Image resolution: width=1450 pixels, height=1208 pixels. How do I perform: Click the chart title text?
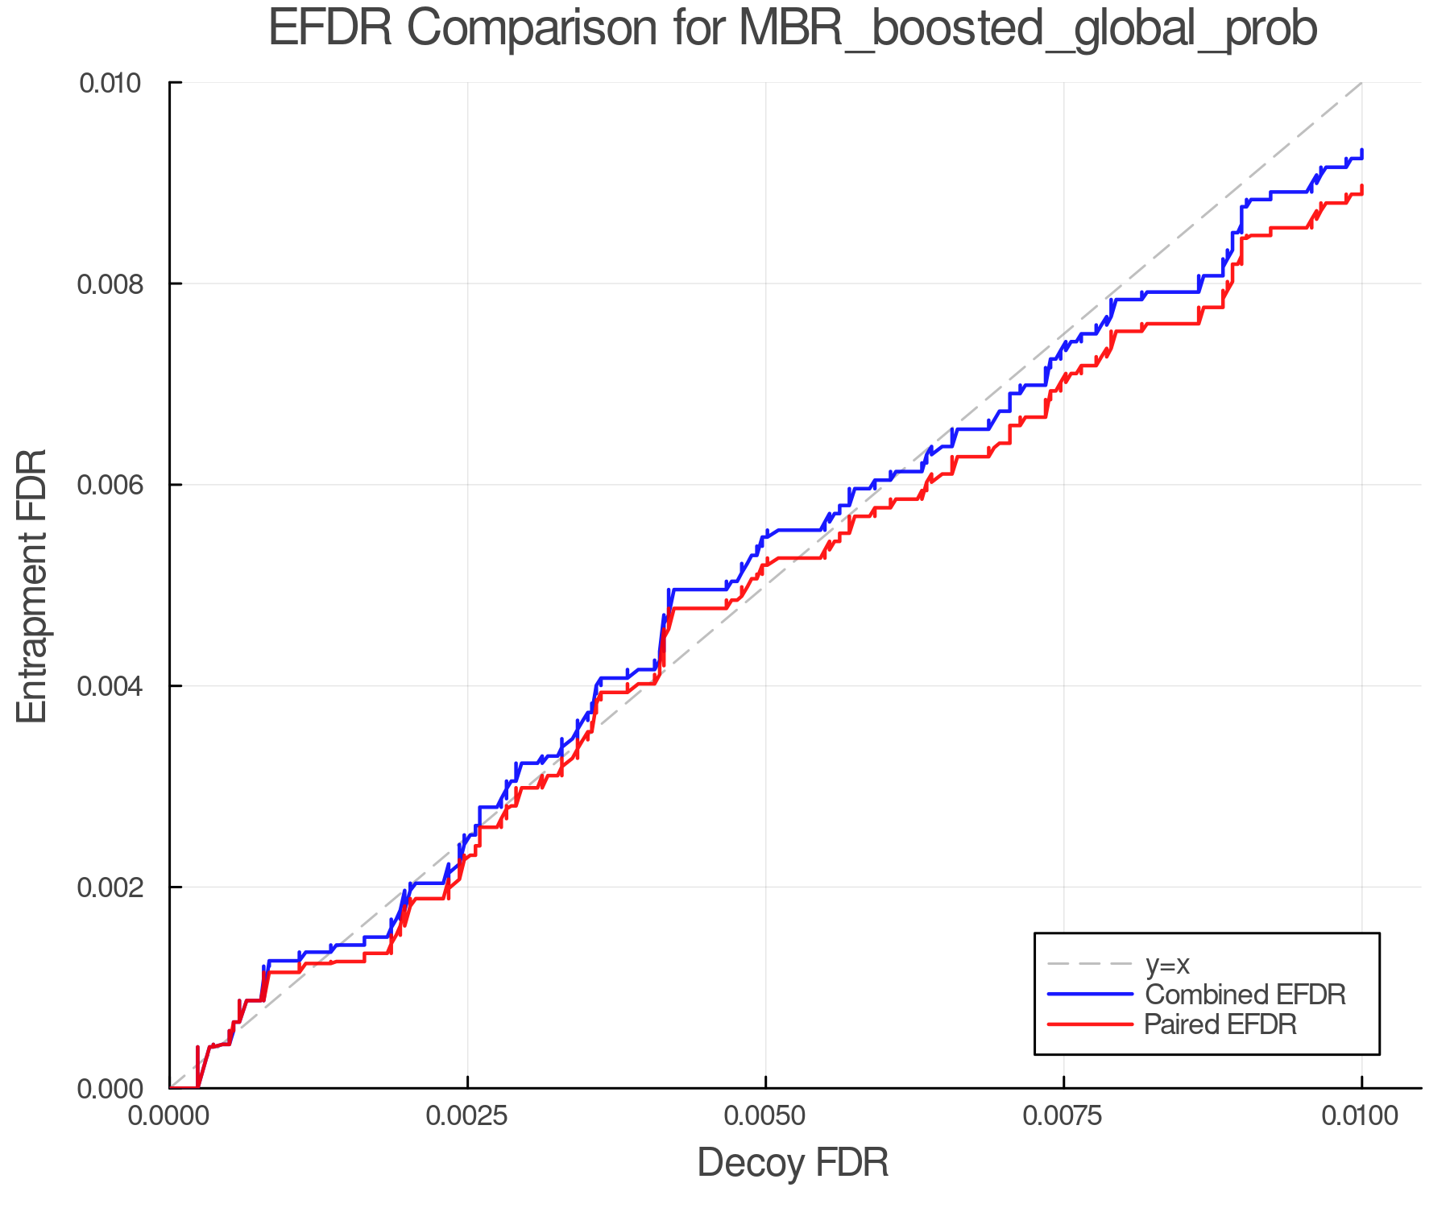coord(793,29)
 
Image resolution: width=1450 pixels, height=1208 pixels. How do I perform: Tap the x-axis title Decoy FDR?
coord(793,1163)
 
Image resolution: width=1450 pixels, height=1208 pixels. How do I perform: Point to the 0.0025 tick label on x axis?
coord(467,1116)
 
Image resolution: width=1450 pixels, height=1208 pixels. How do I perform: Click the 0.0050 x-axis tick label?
coord(765,1116)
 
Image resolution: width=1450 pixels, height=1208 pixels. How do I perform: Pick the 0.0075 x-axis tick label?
coord(1063,1116)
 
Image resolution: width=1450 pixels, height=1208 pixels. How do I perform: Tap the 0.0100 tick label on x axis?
coord(1361,1116)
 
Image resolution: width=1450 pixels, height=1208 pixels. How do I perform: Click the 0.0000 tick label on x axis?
coord(169,1116)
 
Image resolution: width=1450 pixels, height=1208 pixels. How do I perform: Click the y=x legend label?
coord(1167,964)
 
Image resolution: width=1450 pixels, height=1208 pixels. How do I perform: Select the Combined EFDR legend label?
coord(1245,995)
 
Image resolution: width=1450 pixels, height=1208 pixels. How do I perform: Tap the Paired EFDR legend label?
coord(1220,1024)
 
